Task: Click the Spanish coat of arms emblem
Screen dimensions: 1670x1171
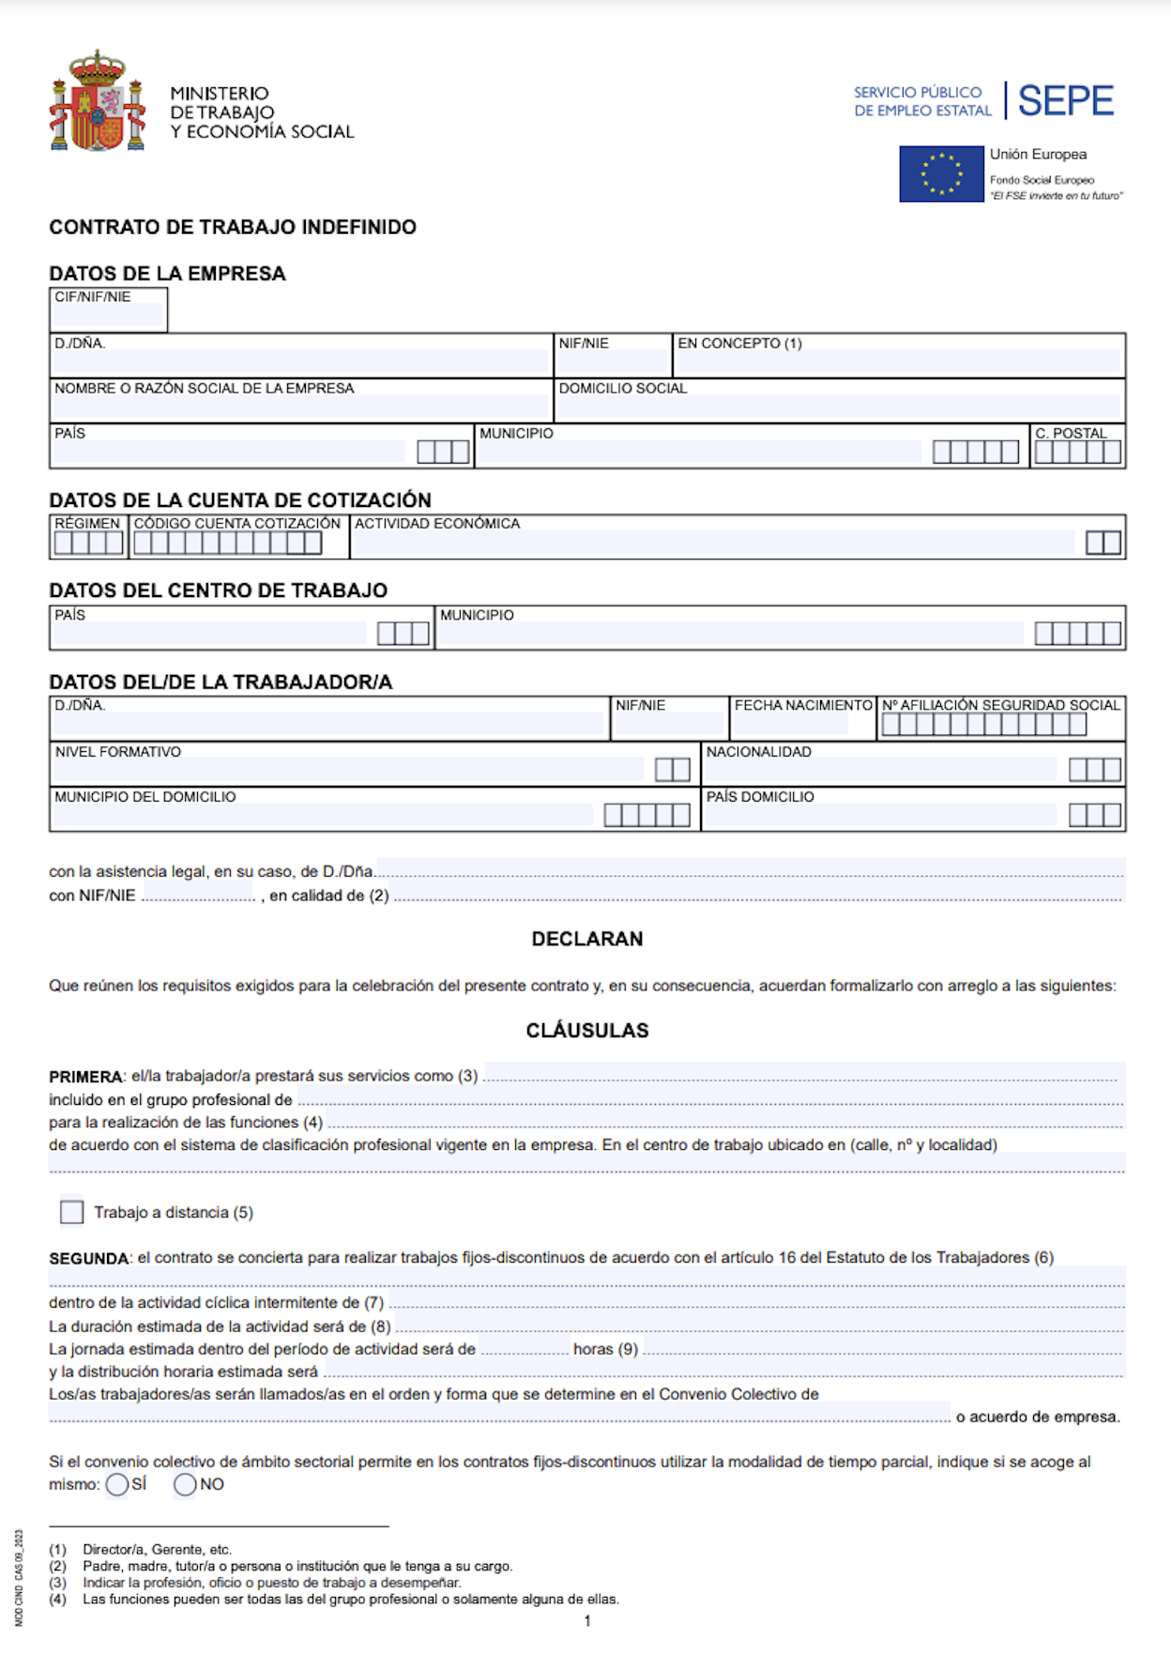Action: (97, 101)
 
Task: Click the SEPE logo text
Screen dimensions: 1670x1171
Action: (1065, 100)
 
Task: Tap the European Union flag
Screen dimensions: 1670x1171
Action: (941, 174)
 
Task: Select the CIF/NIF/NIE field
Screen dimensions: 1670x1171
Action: (108, 314)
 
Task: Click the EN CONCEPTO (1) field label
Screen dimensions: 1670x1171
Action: (739, 344)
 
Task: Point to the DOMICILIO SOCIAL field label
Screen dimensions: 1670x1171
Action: (623, 389)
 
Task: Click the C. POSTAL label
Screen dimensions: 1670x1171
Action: (1071, 433)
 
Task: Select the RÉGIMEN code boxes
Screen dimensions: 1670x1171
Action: (88, 543)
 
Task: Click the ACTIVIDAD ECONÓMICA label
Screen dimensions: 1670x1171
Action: (437, 524)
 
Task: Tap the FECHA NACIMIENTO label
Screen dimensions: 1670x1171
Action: (803, 705)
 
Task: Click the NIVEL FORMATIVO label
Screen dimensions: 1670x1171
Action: (117, 752)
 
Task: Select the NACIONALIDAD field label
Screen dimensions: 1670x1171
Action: (758, 752)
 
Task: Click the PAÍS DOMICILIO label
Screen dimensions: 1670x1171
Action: (760, 797)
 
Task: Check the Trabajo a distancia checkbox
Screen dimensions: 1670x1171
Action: (71, 1212)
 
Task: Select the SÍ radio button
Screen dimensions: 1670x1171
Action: (117, 1484)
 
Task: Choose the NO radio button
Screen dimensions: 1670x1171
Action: (185, 1484)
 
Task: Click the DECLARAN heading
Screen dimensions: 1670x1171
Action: (587, 939)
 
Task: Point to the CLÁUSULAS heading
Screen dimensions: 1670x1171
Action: (587, 1030)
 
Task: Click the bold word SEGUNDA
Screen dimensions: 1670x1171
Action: (89, 1258)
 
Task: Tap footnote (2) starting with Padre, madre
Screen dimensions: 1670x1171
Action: (297, 1566)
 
